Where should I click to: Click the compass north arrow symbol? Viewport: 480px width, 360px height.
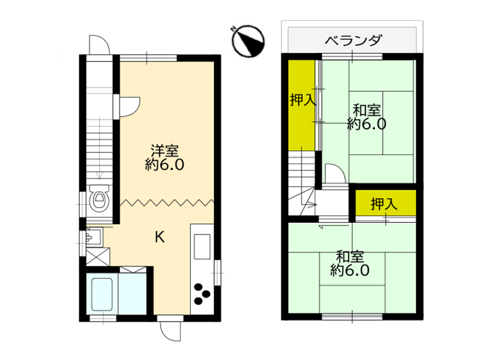click(x=248, y=41)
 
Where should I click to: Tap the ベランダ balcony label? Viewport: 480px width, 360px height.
click(x=353, y=40)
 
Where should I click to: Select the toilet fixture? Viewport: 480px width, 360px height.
click(x=99, y=197)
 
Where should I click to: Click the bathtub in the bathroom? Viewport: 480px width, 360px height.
click(x=102, y=294)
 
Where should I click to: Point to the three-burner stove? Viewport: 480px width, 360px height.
click(x=202, y=294)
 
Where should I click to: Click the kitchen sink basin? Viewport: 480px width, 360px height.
click(x=202, y=247)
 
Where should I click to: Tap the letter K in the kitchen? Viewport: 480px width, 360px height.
click(x=160, y=236)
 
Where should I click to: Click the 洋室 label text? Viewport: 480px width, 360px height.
click(x=164, y=151)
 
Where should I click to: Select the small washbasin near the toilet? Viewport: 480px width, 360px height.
click(x=94, y=236)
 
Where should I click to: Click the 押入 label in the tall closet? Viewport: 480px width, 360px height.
click(x=302, y=100)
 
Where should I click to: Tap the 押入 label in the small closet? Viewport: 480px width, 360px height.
click(x=384, y=203)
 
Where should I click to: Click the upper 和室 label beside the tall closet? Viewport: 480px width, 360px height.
click(x=367, y=110)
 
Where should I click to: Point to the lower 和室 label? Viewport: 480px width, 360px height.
click(x=350, y=256)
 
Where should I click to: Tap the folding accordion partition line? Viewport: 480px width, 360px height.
click(x=167, y=202)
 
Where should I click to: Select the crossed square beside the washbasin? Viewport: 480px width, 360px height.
click(x=98, y=257)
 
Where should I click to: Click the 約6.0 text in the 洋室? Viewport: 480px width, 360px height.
click(x=164, y=164)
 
